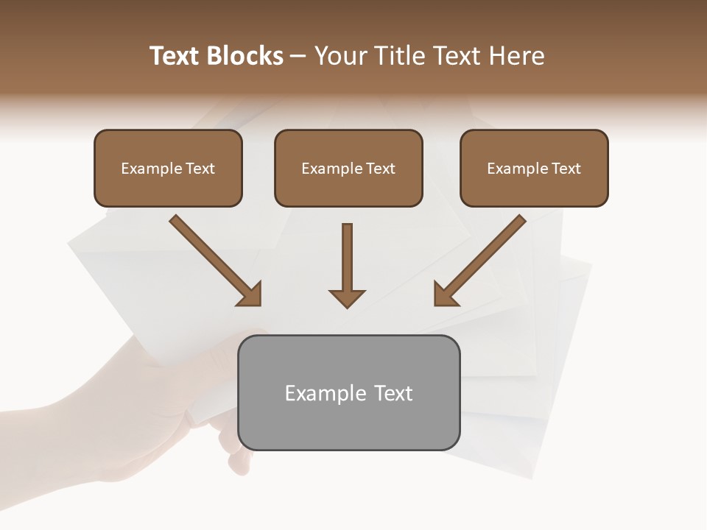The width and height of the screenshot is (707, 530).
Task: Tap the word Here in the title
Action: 517,56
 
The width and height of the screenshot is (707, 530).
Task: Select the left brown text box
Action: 168,169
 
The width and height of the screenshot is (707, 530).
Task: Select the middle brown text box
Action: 348,169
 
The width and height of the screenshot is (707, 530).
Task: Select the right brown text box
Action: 534,169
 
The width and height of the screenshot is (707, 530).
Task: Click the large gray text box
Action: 349,393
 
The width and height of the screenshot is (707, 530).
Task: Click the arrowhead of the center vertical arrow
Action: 347,297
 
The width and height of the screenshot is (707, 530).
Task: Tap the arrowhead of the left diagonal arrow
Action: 250,294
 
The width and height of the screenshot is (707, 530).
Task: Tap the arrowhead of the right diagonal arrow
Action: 446,294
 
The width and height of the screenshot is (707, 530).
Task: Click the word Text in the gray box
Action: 394,394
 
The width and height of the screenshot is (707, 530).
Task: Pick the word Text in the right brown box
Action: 566,169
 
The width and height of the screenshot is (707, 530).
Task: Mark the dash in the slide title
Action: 298,56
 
